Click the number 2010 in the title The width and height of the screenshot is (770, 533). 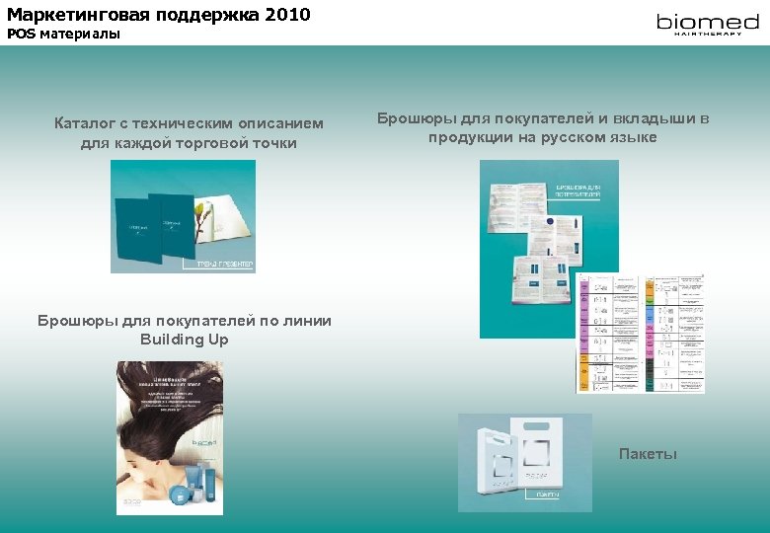pos(287,14)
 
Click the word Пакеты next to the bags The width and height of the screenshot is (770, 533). pos(648,453)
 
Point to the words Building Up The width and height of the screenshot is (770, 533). pos(185,340)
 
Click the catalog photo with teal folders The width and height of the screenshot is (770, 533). pos(183,216)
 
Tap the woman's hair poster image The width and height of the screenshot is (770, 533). pos(169,437)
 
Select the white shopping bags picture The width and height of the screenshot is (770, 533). pos(524,462)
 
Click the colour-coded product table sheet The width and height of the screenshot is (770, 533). pos(641,333)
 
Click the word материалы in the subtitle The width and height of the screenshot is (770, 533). pos(80,34)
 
